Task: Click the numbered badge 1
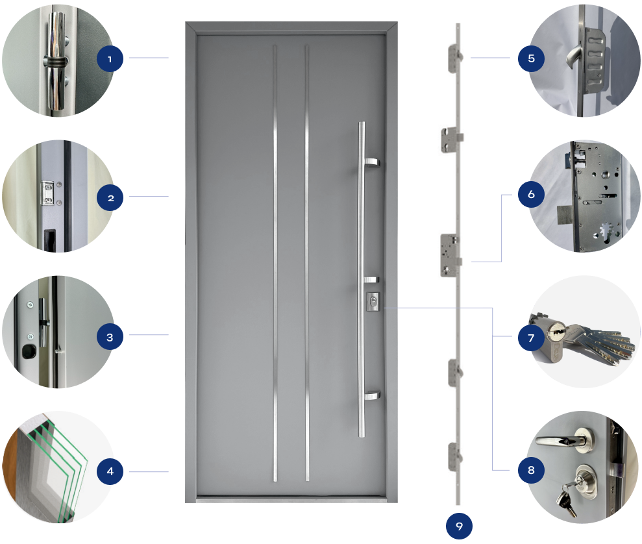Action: tap(110, 59)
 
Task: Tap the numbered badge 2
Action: tap(110, 197)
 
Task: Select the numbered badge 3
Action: tap(110, 337)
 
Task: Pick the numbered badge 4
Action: tap(110, 471)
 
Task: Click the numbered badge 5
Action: tap(531, 58)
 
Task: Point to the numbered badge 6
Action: tap(531, 194)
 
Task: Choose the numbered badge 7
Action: tap(531, 338)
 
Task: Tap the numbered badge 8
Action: tap(531, 471)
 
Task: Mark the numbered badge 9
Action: tap(459, 526)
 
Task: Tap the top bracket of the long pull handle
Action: tap(372, 162)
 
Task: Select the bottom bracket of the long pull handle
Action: tap(372, 395)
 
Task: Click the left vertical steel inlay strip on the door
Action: tap(275, 260)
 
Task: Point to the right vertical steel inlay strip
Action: tap(307, 260)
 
